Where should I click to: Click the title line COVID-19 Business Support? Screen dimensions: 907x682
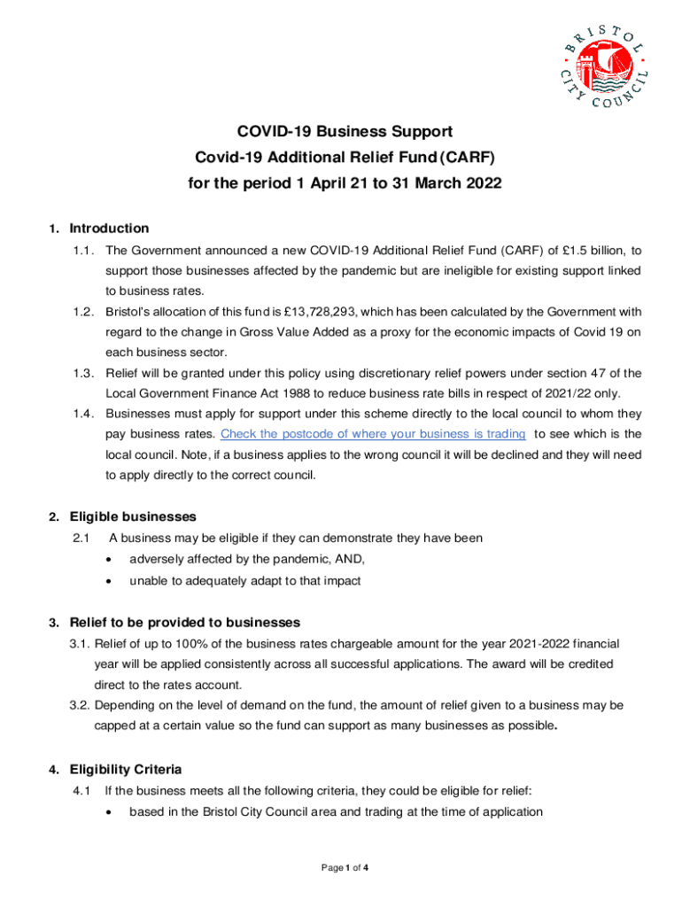345,132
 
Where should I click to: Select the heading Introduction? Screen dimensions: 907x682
109,229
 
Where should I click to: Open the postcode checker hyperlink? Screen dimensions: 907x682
373,433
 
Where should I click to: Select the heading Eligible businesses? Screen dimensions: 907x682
133,516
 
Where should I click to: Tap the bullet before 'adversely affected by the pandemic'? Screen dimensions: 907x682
108,559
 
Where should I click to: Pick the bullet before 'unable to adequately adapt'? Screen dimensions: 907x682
108,581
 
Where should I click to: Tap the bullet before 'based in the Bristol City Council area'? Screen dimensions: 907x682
108,812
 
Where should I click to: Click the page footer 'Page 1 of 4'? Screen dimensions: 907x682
345,867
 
